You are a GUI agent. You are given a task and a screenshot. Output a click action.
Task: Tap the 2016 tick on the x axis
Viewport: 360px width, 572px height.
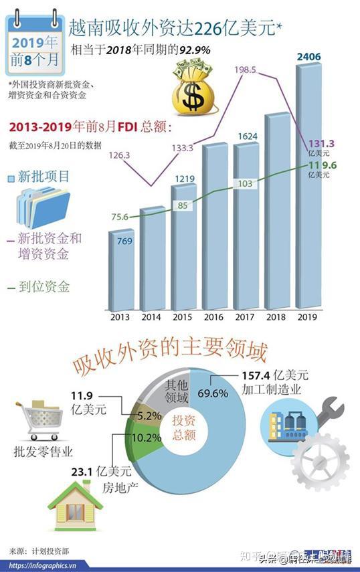tap(215, 317)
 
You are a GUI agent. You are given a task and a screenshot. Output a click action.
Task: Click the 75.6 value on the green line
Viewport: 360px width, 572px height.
tap(120, 216)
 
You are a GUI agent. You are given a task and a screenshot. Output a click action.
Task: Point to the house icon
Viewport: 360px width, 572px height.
tap(74, 506)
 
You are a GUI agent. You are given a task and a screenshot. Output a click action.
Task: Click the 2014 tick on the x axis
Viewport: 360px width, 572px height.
tap(152, 317)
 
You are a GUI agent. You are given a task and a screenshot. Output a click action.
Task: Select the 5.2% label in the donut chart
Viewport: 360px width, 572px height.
tap(149, 415)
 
